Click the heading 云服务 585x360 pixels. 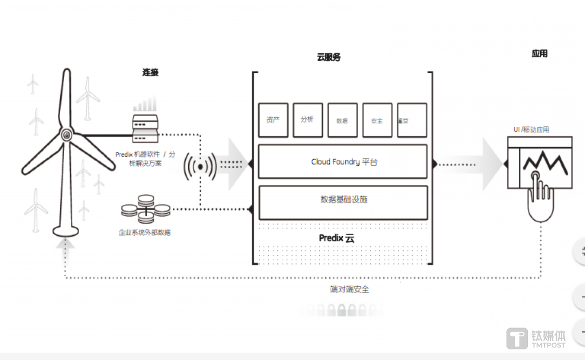(x=328, y=57)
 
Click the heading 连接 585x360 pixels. (x=150, y=72)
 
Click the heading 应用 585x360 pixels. (x=539, y=54)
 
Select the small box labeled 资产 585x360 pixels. (x=273, y=120)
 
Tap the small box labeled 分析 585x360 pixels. (x=308, y=120)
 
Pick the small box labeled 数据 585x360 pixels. (x=342, y=120)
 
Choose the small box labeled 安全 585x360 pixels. (x=377, y=120)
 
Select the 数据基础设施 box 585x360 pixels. (x=343, y=200)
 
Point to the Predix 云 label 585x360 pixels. (x=337, y=238)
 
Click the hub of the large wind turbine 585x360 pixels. (x=67, y=134)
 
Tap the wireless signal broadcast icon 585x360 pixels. (x=200, y=167)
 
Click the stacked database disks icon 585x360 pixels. (x=146, y=209)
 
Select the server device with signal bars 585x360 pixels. (x=145, y=128)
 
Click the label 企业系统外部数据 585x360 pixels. (x=144, y=232)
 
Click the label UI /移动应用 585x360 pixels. (x=531, y=130)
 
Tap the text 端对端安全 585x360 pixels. (x=349, y=289)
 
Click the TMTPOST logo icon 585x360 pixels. (x=517, y=338)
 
